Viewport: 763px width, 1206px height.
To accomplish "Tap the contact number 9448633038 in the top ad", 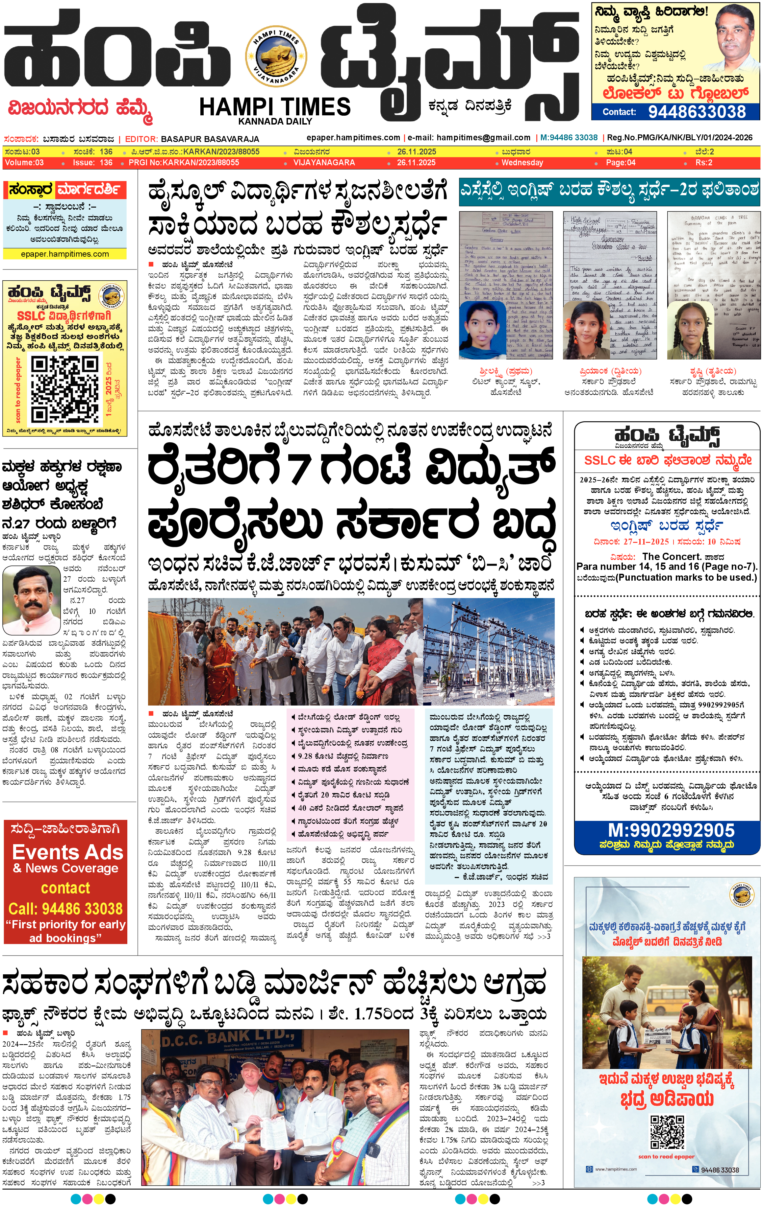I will tap(697, 112).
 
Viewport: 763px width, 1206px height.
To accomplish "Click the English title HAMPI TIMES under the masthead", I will tap(275, 107).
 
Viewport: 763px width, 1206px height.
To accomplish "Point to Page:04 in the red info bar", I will tap(620, 163).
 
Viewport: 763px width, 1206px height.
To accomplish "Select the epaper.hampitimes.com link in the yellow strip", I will tap(65, 254).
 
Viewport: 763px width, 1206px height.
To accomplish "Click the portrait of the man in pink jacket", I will tap(32, 600).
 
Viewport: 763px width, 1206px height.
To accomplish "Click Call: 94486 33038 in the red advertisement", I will tap(66, 909).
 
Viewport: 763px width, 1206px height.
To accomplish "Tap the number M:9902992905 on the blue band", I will tap(671, 831).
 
